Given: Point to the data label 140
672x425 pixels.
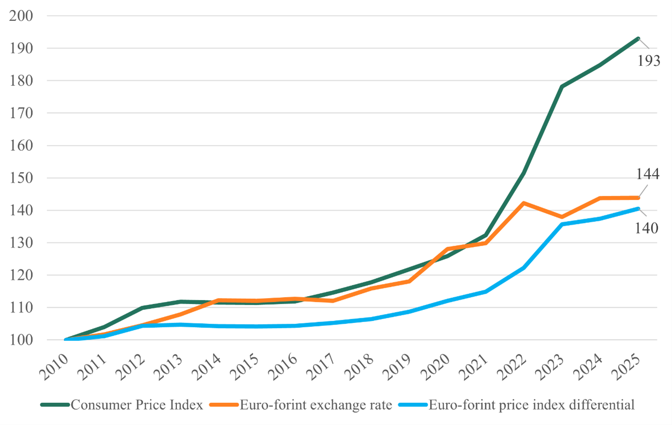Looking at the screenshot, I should pos(647,227).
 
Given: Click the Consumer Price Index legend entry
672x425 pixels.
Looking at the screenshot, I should pos(137,405).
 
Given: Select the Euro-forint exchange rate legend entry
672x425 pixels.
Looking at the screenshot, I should pos(316,405).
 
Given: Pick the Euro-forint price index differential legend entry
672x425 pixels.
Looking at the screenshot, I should pos(531,405).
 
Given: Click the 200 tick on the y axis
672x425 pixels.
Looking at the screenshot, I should pos(21,16).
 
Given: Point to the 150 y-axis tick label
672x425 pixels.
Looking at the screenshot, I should pos(21,178).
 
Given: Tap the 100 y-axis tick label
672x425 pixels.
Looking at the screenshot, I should pos(21,340).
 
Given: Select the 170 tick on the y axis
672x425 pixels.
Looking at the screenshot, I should pos(21,113).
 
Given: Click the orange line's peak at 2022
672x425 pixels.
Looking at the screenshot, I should pos(524,203).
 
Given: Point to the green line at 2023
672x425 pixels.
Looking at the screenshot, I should pos(562,87).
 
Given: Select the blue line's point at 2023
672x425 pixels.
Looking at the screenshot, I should pos(562,224).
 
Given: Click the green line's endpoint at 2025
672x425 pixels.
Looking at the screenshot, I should pos(638,39).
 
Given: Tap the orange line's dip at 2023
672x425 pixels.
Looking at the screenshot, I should pos(562,217).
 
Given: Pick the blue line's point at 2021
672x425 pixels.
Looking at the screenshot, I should pos(485,292).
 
